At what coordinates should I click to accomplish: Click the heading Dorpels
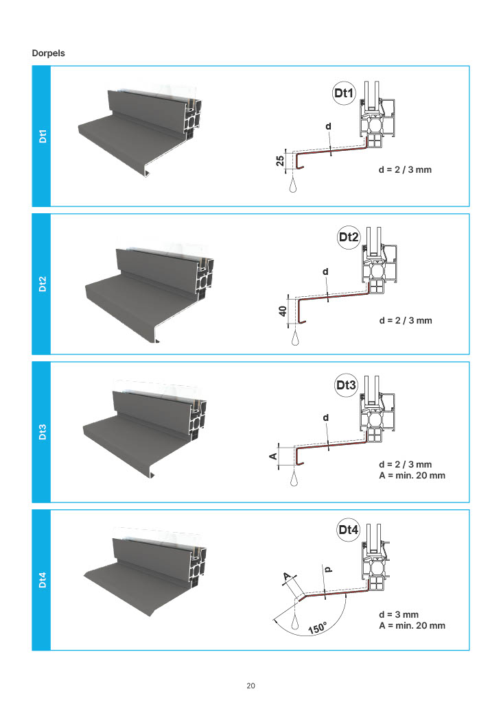[x=48, y=53]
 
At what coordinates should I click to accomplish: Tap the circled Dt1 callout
[x=343, y=93]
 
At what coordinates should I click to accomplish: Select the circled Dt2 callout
[x=349, y=237]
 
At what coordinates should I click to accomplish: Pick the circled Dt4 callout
[x=348, y=529]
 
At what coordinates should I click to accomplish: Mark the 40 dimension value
[x=282, y=311]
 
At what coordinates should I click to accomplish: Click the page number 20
[x=250, y=686]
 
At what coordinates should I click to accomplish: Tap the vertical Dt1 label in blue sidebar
[x=42, y=136]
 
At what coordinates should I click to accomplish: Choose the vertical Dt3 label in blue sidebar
[x=42, y=432]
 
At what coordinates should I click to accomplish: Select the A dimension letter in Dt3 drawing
[x=272, y=456]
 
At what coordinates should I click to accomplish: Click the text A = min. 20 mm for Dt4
[x=412, y=625]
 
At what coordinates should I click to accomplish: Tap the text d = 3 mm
[x=399, y=614]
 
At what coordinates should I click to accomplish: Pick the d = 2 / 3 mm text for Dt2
[x=406, y=320]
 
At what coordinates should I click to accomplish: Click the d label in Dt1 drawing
[x=328, y=127]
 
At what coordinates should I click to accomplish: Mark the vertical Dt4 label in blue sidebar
[x=42, y=580]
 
